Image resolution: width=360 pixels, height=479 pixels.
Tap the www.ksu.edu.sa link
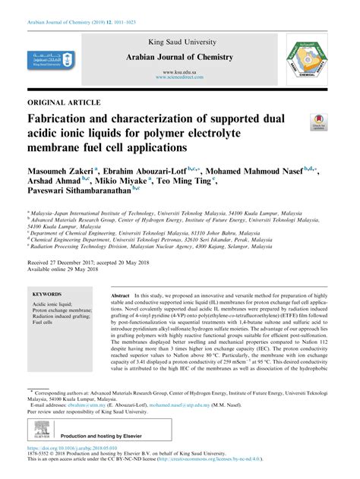179,70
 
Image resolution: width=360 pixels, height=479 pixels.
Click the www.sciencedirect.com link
179,77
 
